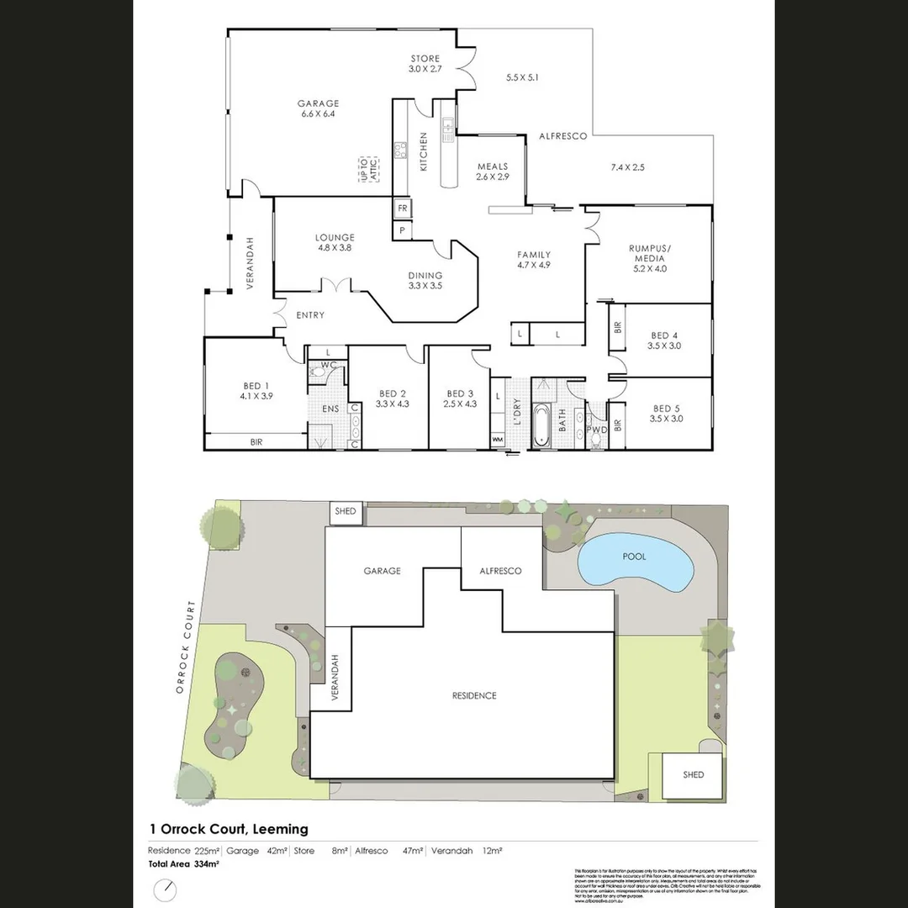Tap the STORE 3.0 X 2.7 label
click(425, 64)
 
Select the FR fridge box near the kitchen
click(402, 208)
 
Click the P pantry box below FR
click(402, 229)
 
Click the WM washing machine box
click(497, 440)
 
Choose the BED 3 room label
click(459, 399)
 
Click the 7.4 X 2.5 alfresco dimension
click(627, 167)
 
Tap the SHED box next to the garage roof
click(346, 511)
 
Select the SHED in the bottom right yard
click(693, 774)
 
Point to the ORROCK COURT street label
click(186, 648)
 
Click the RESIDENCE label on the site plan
click(474, 695)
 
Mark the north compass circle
click(166, 890)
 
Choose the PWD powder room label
click(596, 430)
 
